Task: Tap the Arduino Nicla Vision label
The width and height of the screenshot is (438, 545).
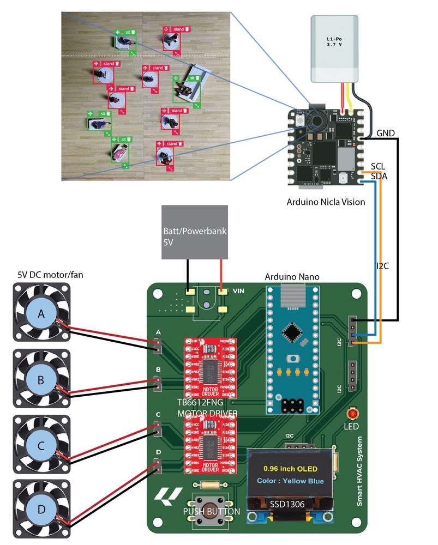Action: click(x=326, y=202)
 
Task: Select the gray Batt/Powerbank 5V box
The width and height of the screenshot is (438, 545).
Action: click(x=195, y=232)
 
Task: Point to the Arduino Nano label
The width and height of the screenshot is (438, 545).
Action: click(x=292, y=277)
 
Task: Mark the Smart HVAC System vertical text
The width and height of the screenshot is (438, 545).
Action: click(x=360, y=471)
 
